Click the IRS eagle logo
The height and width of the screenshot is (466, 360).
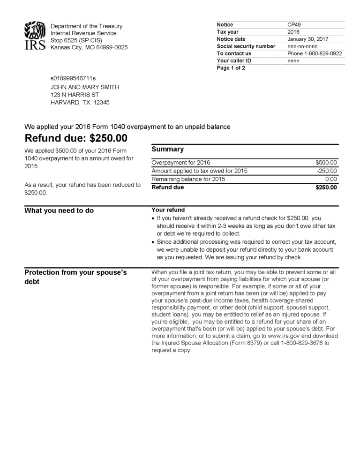click(x=35, y=36)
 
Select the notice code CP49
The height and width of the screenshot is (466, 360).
click(x=294, y=25)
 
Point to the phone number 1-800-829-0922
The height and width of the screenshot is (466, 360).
click(x=322, y=53)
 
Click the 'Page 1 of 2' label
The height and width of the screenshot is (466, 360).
click(x=231, y=68)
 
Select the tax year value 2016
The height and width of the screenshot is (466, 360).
click(x=294, y=32)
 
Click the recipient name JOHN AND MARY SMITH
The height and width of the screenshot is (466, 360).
click(x=85, y=87)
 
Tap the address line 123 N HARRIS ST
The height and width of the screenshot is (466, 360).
click(x=75, y=95)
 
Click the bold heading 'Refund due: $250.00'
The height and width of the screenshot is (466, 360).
click(x=76, y=138)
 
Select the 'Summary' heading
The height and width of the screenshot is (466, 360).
click(x=167, y=149)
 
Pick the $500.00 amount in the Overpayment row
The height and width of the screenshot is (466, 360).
click(x=326, y=163)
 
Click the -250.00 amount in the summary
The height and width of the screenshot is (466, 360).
click(x=327, y=171)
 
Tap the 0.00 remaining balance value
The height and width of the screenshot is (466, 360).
click(x=331, y=179)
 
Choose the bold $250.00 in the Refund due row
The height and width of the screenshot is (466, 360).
click(x=326, y=188)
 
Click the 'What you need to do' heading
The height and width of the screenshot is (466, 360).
click(x=59, y=210)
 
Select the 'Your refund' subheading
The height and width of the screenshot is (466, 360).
click(x=168, y=210)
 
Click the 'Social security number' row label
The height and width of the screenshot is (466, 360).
click(x=246, y=46)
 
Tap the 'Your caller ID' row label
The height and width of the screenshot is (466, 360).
click(x=234, y=61)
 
